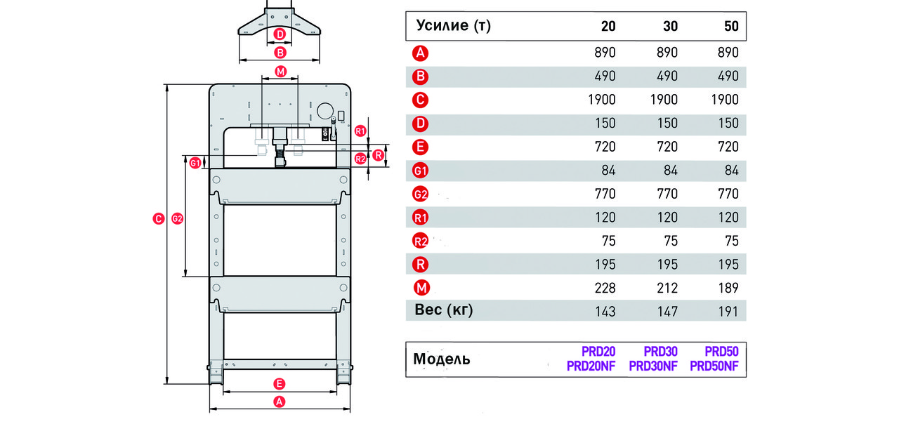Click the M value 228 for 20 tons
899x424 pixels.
pos(605,288)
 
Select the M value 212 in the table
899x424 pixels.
pos(667,288)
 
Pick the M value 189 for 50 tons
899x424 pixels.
pos(728,288)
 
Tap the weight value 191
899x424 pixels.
pos(728,311)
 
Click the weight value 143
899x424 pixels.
pos(605,311)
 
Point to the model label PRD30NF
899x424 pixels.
pos(653,366)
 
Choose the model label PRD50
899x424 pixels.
pos(721,352)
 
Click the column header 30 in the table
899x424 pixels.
pos(670,26)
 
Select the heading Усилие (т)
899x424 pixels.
pos(454,25)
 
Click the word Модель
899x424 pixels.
pos(442,359)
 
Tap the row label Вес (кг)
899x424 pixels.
pos(443,310)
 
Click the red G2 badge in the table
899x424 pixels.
pos(420,194)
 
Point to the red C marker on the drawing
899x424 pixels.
pos(159,218)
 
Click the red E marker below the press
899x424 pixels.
pos(280,384)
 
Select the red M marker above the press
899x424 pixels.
pos(280,72)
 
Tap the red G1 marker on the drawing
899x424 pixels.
pos(195,163)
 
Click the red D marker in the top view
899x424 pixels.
pos(280,34)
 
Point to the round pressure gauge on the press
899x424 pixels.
pos(325,111)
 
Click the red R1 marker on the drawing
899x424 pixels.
pos(360,131)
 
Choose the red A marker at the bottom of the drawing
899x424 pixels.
pos(280,402)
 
